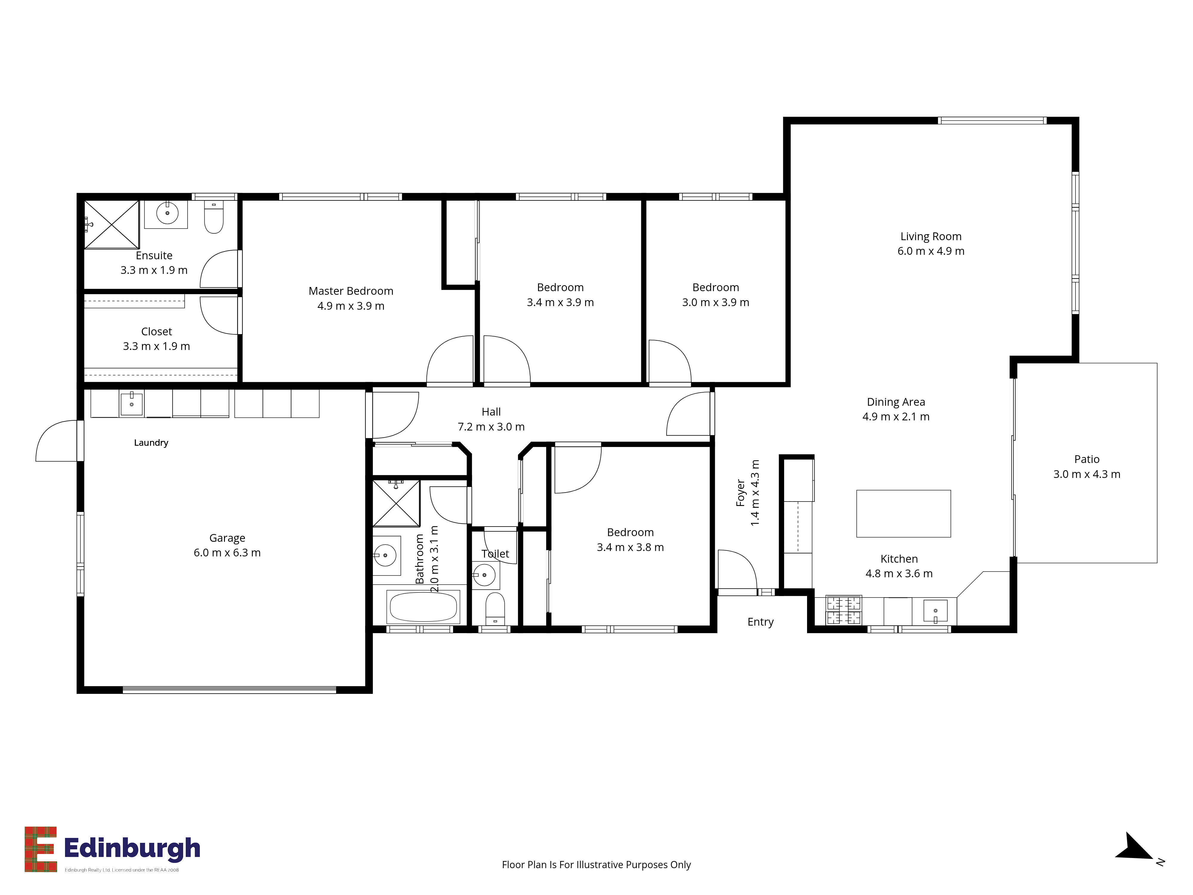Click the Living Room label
(x=931, y=236)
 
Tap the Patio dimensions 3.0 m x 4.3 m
(x=1087, y=474)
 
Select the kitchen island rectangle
(x=903, y=514)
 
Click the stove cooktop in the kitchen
(x=844, y=610)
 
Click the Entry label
(x=761, y=622)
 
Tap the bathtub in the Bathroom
(x=424, y=607)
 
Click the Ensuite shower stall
(x=112, y=224)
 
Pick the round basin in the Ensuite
(x=167, y=213)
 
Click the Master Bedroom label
(x=351, y=291)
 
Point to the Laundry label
(x=151, y=443)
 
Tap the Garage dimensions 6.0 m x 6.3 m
(x=227, y=553)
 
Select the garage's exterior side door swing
(x=57, y=441)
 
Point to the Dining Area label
(x=896, y=402)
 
